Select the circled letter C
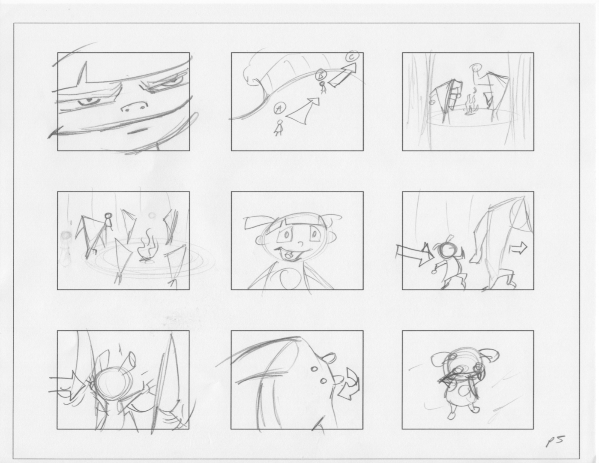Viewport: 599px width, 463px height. pos(352,57)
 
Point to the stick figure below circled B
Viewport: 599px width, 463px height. pos(323,87)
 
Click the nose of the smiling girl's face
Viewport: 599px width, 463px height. pos(300,244)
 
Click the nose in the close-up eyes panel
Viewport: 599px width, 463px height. pos(135,107)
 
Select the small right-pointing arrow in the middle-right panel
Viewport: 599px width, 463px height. pos(518,248)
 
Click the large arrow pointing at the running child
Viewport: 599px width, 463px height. pos(413,254)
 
